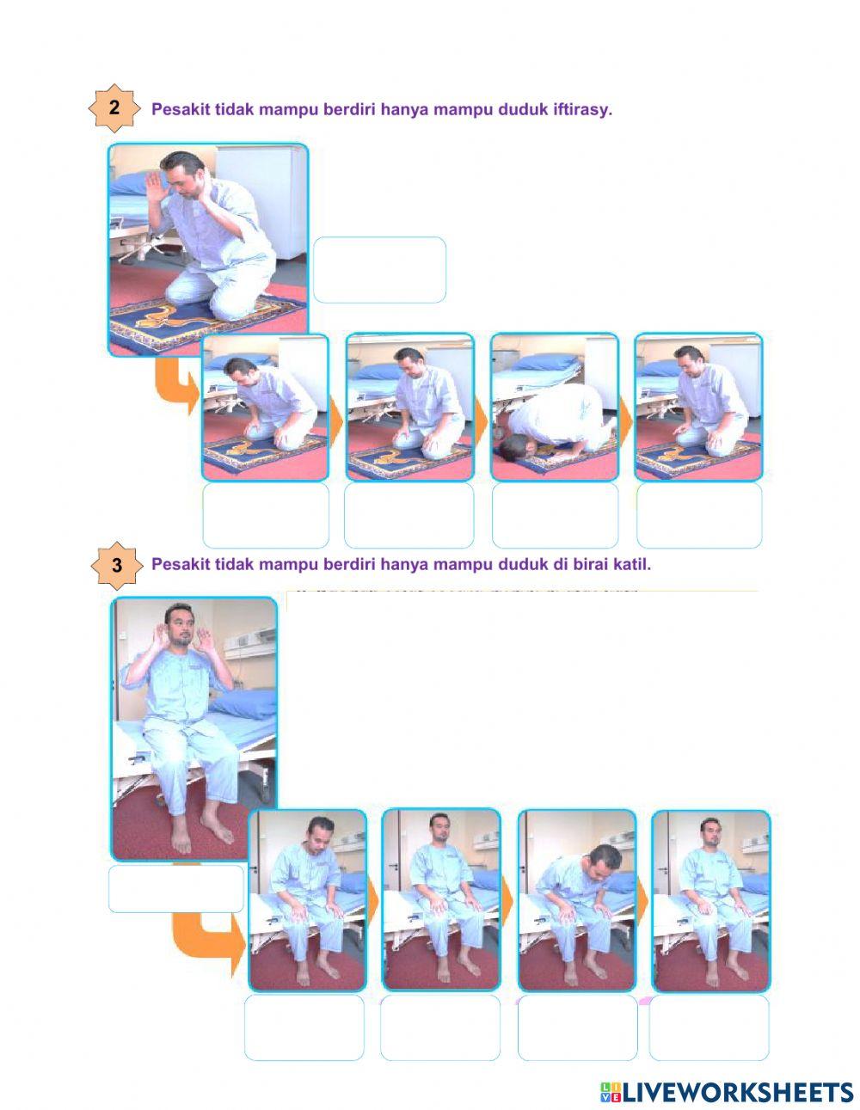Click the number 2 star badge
(114, 109)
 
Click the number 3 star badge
(116, 566)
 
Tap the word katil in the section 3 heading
(632, 564)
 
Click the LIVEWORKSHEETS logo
(727, 1092)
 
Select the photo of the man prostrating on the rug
(555, 407)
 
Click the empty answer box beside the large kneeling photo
(379, 270)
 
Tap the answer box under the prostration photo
(555, 515)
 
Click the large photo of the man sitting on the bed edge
(195, 727)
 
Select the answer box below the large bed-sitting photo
(176, 888)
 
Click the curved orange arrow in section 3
(206, 941)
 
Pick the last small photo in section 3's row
(710, 900)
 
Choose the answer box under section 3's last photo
(709, 1027)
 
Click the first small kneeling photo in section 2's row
(265, 407)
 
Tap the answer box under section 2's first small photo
(265, 515)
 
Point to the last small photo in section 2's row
(698, 407)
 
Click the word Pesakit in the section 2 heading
(178, 109)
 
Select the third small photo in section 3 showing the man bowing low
(576, 900)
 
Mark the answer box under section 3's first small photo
(304, 1027)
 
